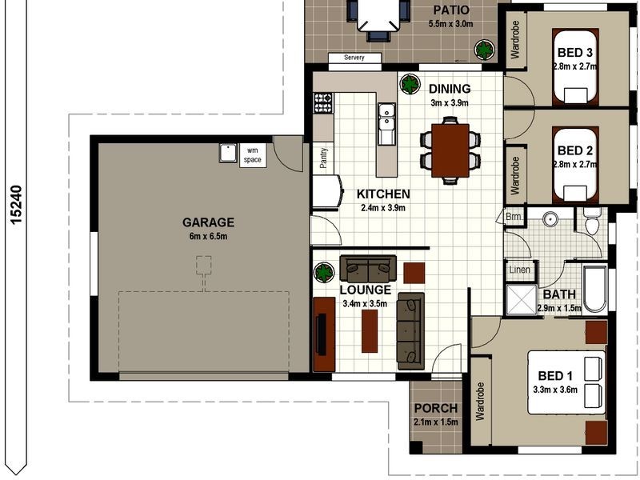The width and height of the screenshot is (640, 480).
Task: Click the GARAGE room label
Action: coord(208,222)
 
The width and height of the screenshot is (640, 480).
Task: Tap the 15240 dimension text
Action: coord(17,206)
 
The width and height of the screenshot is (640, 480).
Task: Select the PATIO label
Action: coord(451,10)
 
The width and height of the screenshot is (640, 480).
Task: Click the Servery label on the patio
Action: coord(354,58)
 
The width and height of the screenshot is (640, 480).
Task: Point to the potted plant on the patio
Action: coord(484,50)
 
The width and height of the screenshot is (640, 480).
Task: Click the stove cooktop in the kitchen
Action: coord(322,102)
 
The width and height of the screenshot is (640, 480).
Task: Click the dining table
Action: coord(450,150)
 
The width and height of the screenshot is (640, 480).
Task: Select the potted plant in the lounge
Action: coord(323,272)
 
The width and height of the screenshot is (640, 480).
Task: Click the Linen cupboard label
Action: coord(520,270)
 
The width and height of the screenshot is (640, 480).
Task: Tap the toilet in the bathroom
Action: coord(592,222)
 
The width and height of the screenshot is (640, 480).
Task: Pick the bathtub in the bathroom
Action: coord(594,289)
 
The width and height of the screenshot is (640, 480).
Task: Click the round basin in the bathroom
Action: coord(550,218)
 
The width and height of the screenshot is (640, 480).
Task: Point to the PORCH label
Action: coord(436,409)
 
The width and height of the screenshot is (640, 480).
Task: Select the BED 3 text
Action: coord(574,54)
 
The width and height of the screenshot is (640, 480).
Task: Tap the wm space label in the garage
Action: coord(253,154)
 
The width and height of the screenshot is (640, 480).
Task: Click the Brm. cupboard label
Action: coord(514,217)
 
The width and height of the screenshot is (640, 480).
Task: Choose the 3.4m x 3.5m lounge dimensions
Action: coord(365,304)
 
